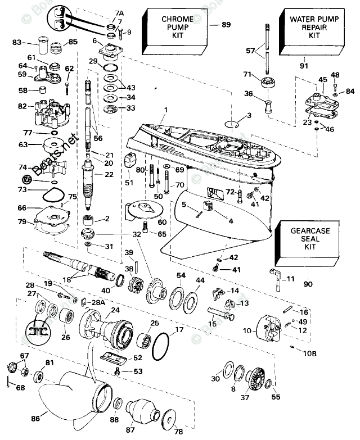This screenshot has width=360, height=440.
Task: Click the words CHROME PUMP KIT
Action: coord(177,27)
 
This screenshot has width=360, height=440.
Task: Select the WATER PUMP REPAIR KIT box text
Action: coord(310,26)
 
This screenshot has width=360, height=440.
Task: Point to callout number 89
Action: coord(226,25)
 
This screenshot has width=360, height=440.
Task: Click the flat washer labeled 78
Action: coord(168,420)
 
